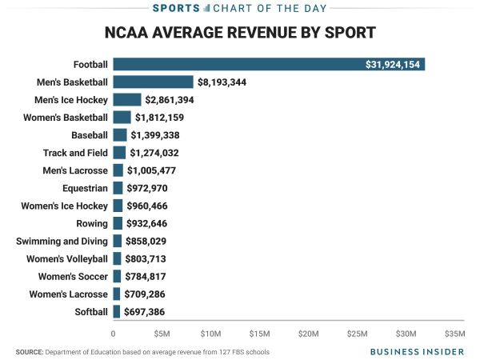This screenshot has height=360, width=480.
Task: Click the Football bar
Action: tap(269, 64)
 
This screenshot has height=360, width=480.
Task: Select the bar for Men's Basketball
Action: tap(153, 82)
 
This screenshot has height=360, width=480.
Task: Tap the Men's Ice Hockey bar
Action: tap(127, 99)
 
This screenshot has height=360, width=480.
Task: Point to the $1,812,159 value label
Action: tap(166, 117)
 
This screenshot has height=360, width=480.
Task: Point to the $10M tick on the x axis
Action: tap(210, 333)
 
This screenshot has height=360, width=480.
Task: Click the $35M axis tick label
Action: tap(454, 333)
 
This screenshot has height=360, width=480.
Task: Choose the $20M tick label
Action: tap(309, 333)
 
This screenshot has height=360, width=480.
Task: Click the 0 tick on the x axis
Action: tap(114, 333)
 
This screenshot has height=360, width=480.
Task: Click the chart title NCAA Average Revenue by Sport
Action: tap(240, 34)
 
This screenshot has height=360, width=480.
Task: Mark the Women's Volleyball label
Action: tap(67, 258)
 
